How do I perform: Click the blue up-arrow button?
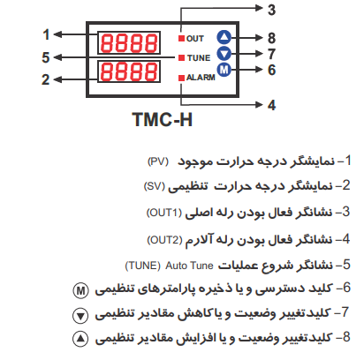click(x=224, y=37)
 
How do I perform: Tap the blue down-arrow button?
click(x=224, y=54)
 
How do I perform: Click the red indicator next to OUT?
click(x=181, y=38)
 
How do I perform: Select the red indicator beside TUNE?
click(x=181, y=57)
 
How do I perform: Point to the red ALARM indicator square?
click(x=181, y=78)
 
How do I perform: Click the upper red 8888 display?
click(x=129, y=42)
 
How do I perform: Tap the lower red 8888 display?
click(x=129, y=71)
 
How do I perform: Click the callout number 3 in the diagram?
click(x=271, y=10)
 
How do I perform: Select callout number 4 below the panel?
click(x=272, y=105)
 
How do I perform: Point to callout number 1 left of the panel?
click(x=46, y=34)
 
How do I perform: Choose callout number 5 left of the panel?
click(x=46, y=57)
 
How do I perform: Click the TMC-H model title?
click(x=163, y=119)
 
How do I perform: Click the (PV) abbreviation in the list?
click(x=158, y=161)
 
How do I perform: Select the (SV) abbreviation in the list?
click(x=154, y=186)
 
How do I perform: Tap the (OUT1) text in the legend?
click(x=164, y=213)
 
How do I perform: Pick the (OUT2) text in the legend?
click(x=164, y=240)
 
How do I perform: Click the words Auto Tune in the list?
click(x=189, y=266)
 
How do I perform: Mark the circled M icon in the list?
click(x=80, y=291)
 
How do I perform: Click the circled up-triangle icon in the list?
click(x=80, y=339)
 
